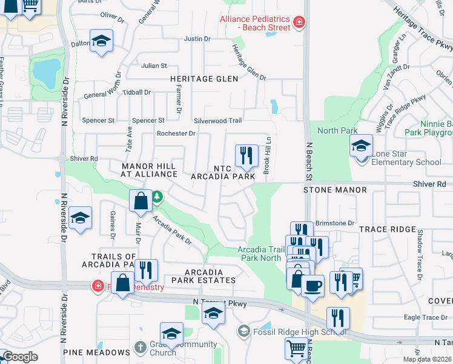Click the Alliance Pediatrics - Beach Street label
coord(256,23)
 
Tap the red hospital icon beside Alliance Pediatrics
coord(299,23)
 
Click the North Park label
coord(337,130)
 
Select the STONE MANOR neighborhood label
coord(335,190)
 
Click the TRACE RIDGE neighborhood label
coord(388,229)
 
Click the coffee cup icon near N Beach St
coord(312,285)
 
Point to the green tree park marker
coord(157,196)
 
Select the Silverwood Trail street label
coord(217,121)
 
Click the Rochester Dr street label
coord(176,133)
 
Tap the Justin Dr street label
coord(197,39)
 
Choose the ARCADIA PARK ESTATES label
coord(203,276)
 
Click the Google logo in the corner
coord(19,357)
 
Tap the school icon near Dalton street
coord(101,41)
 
